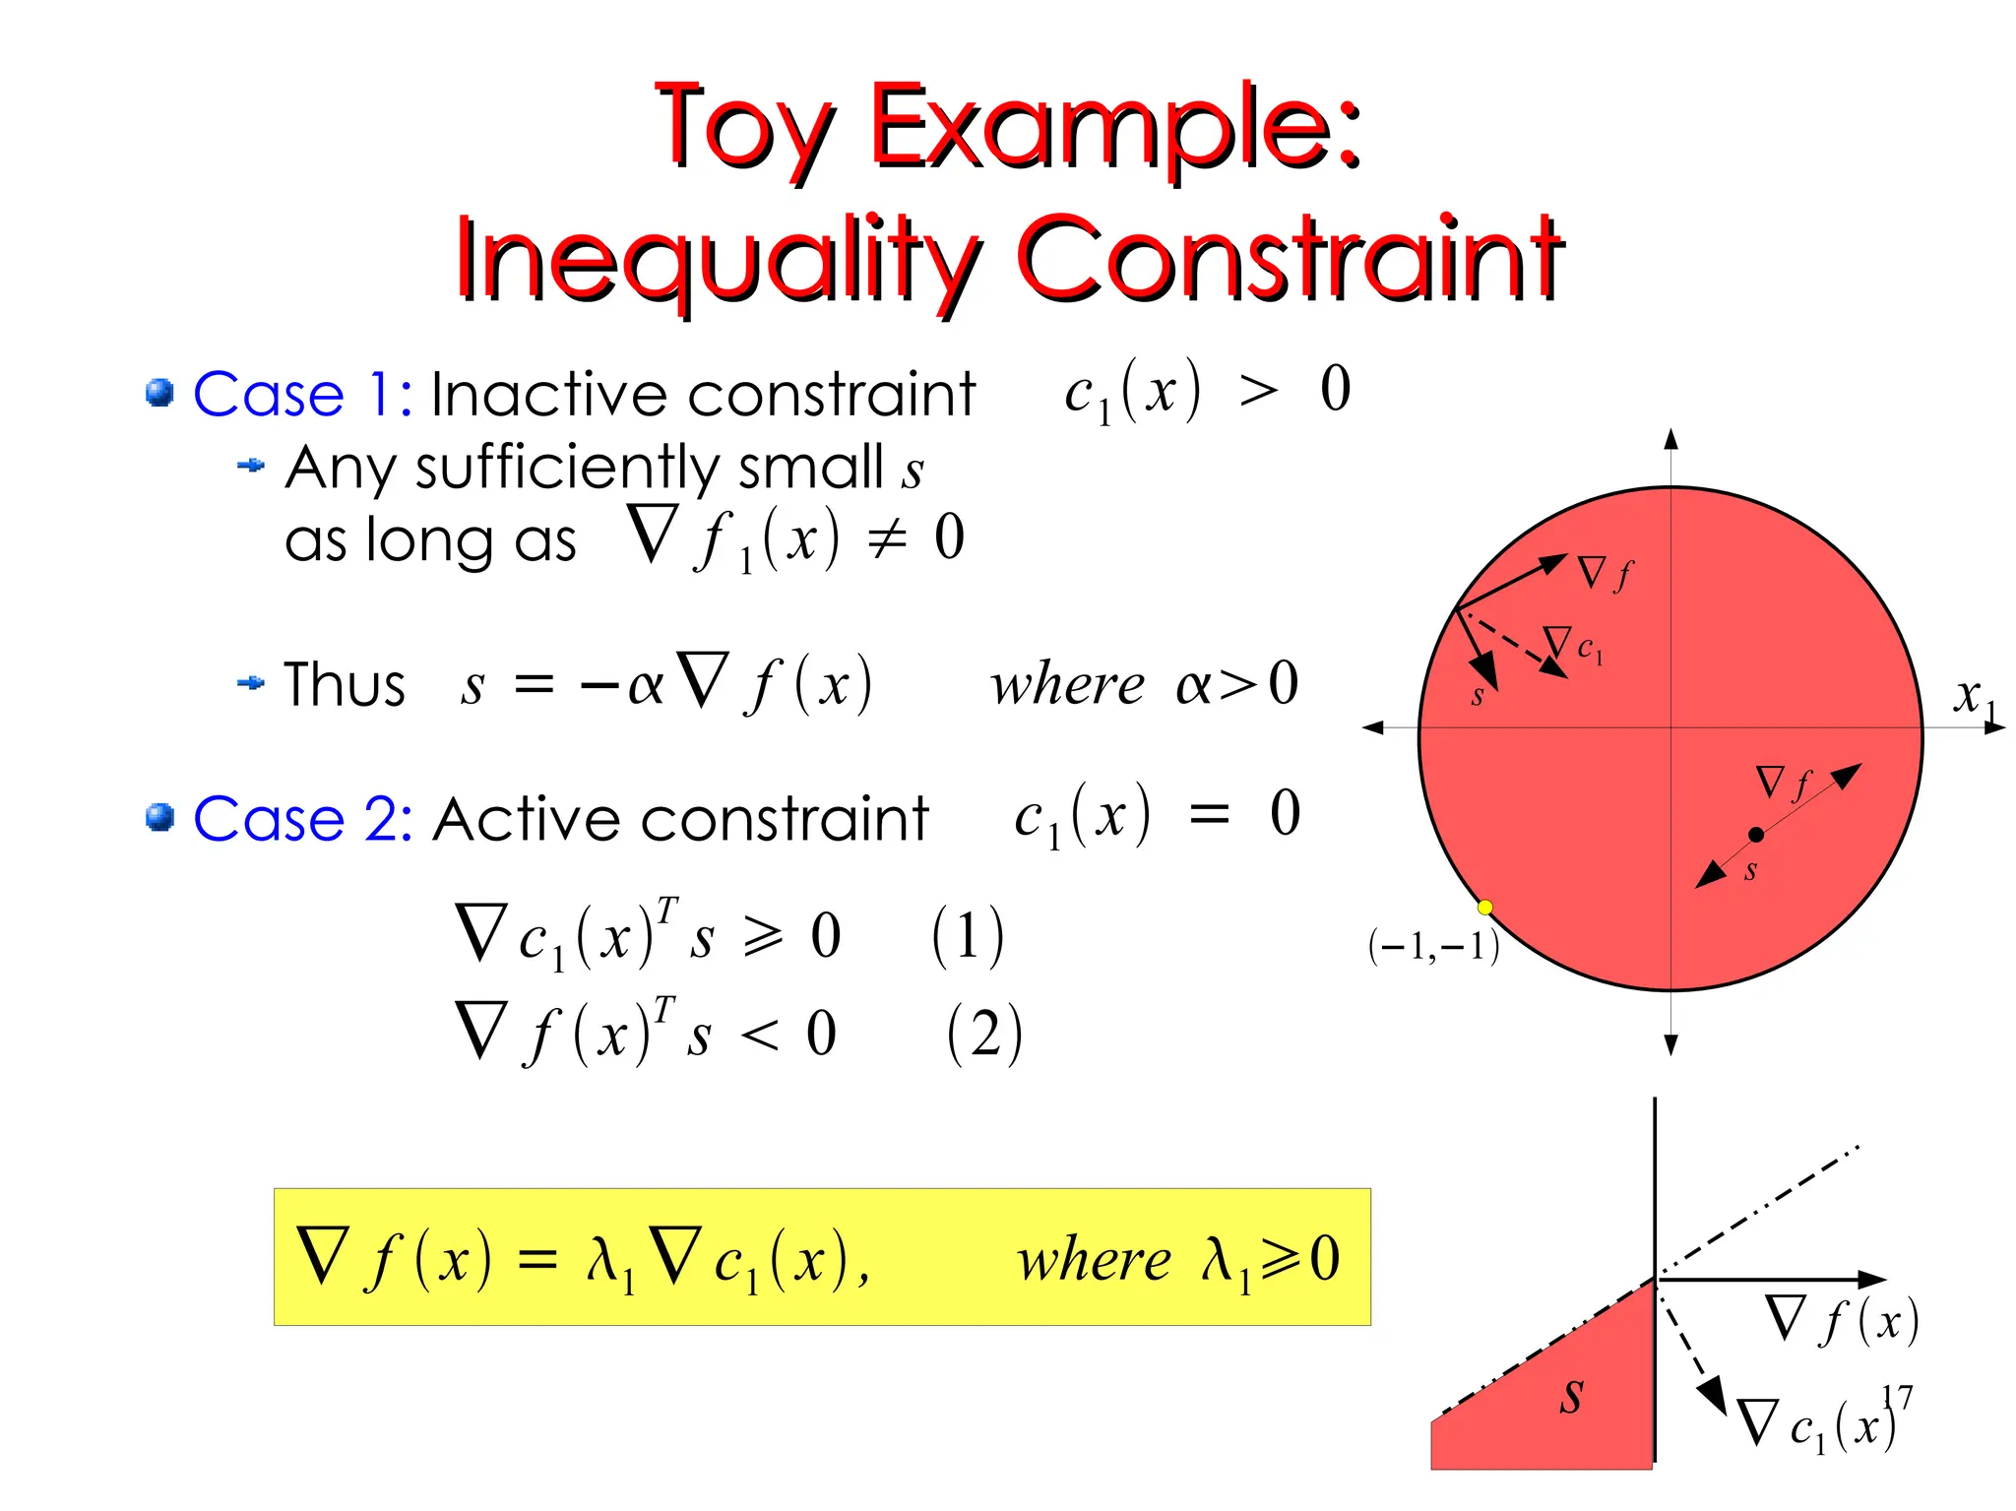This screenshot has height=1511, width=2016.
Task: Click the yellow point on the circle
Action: pos(1485,907)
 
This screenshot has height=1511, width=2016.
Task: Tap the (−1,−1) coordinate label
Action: pos(1433,946)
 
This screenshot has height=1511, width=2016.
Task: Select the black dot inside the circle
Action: pos(1756,835)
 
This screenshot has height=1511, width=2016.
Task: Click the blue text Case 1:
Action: pos(301,395)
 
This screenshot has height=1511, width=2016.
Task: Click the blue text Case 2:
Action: pos(301,819)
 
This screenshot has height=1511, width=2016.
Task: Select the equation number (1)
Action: pos(967,935)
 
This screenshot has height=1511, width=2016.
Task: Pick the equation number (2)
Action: pos(983,1034)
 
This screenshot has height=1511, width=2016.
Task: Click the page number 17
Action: pos(1897,1397)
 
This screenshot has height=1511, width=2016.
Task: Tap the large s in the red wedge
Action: pos(1571,1396)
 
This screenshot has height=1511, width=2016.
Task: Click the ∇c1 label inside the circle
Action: pos(1574,646)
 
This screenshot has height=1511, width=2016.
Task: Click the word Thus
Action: pos(344,685)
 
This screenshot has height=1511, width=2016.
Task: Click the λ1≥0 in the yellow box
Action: pos(1270,1259)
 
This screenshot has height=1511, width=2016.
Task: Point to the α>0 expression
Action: pos(1236,684)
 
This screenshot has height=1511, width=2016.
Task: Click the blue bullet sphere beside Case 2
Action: pos(159,818)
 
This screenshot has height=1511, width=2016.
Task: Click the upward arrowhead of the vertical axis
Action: pos(1670,439)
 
